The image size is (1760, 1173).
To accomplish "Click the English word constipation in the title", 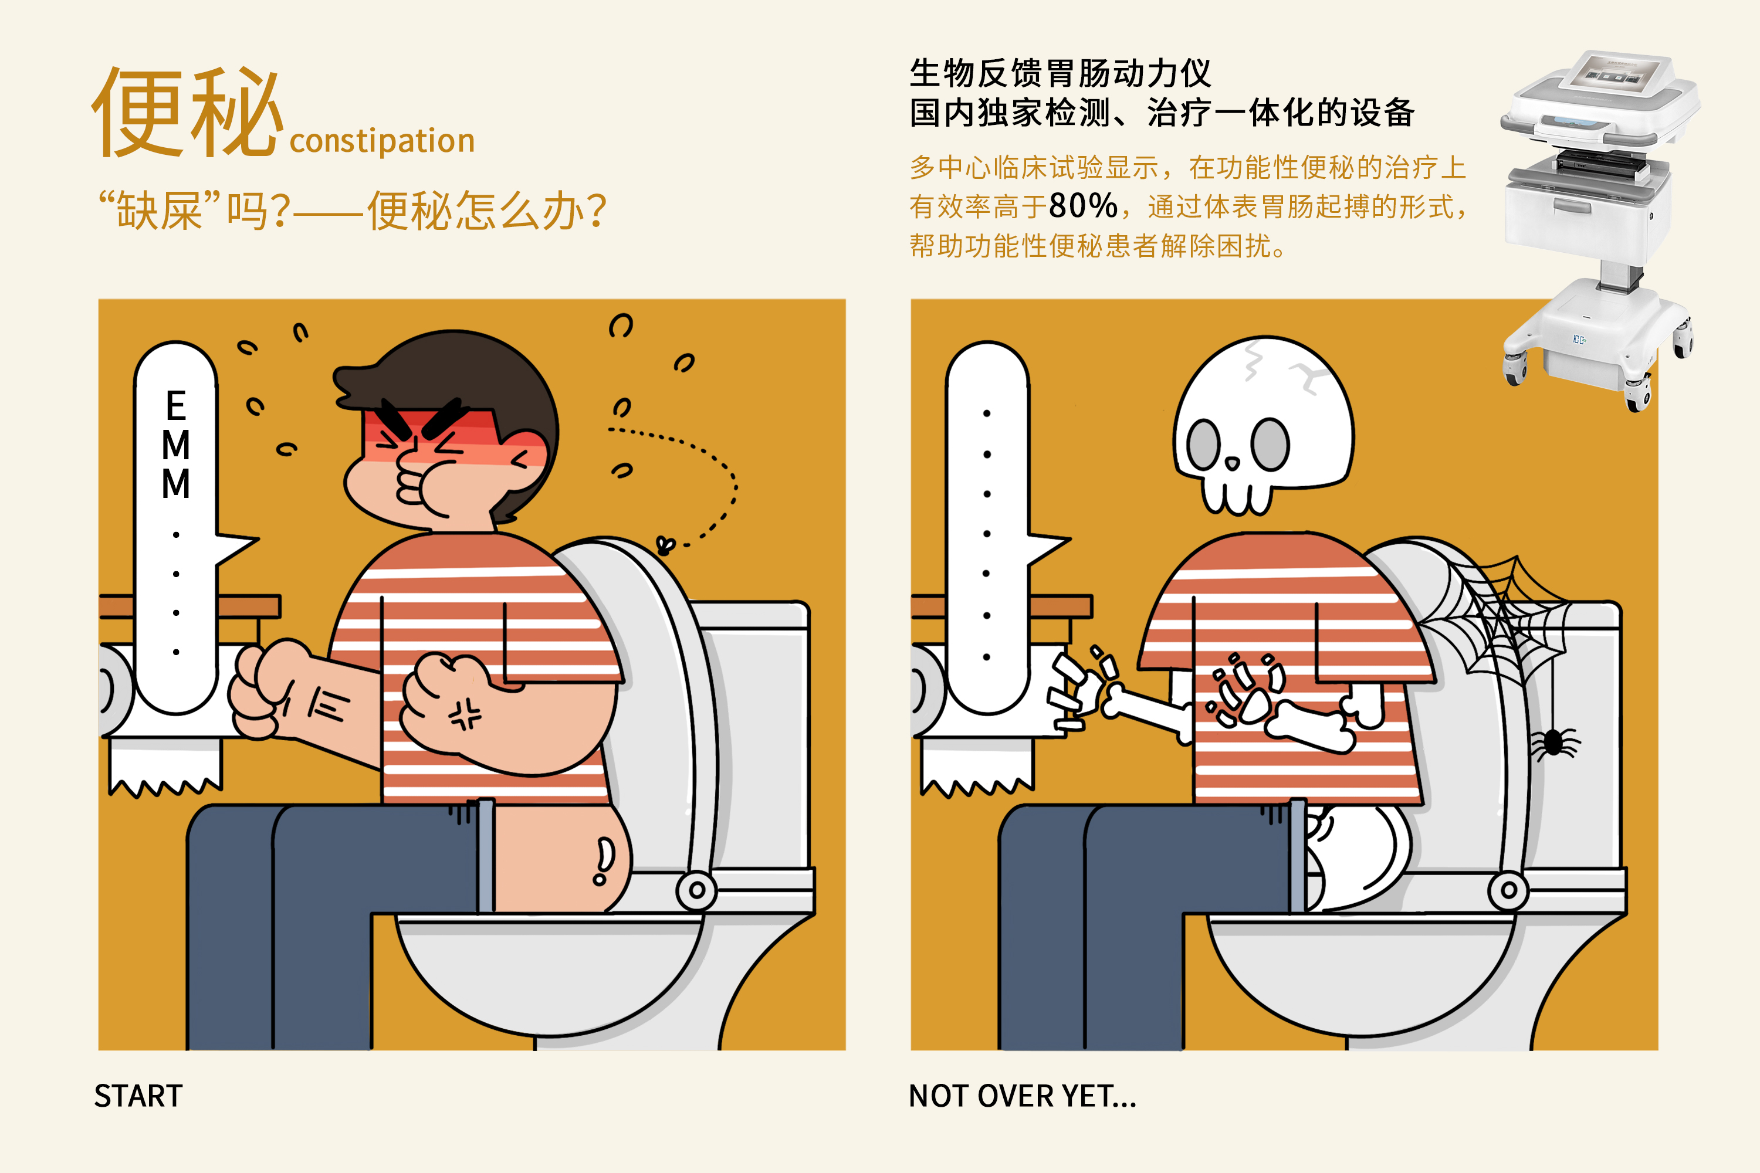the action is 382,141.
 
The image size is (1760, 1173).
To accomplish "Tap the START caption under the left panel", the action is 138,1096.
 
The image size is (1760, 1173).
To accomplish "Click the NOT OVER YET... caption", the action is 1022,1096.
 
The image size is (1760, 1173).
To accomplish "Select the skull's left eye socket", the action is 1204,445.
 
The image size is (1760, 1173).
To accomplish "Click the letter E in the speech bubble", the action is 176,406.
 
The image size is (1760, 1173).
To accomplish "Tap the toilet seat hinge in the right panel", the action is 1508,890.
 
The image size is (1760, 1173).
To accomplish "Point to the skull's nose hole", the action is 1233,465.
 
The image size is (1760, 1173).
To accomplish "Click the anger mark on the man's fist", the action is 465,714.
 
